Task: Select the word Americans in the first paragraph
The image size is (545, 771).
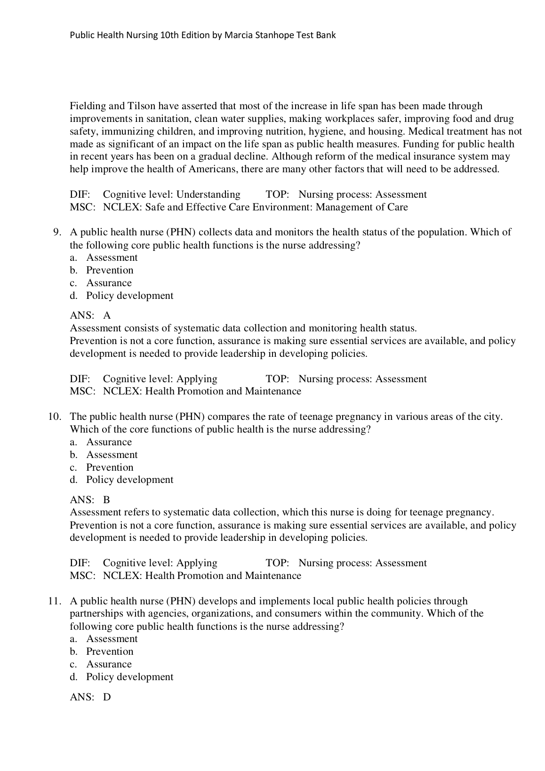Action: coord(212,169)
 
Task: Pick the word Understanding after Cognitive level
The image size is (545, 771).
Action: coord(208,194)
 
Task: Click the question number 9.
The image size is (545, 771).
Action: coord(57,232)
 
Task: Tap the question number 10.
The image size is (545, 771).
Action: coord(55,417)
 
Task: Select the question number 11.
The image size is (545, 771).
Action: coord(55,601)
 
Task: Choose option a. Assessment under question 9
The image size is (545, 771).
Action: coord(112,257)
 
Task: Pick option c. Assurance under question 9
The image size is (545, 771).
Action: coord(109,283)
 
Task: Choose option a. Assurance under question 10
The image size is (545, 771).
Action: coord(109,442)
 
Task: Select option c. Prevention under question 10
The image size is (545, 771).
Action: coord(110,467)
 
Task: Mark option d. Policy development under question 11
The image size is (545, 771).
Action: coord(129,677)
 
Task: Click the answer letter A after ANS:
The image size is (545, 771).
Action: coord(107,315)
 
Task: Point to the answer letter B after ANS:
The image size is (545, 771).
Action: coord(107,500)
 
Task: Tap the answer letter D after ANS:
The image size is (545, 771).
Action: coord(107,697)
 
